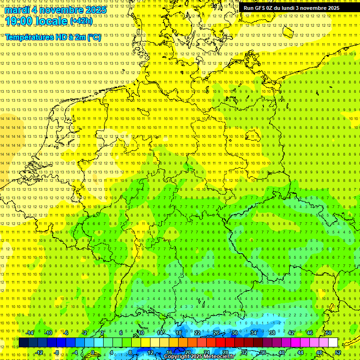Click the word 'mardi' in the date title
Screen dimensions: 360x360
(17, 10)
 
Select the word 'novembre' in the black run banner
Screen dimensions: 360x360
(314, 8)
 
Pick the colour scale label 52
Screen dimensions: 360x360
(338, 352)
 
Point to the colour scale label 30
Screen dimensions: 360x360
(235, 333)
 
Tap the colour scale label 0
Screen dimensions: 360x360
(93, 352)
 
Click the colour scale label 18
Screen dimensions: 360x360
(179, 333)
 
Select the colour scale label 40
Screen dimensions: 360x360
(282, 352)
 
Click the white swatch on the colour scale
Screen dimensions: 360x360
(333, 343)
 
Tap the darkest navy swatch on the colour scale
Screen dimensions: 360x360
(23, 343)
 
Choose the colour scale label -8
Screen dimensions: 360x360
(57, 352)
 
